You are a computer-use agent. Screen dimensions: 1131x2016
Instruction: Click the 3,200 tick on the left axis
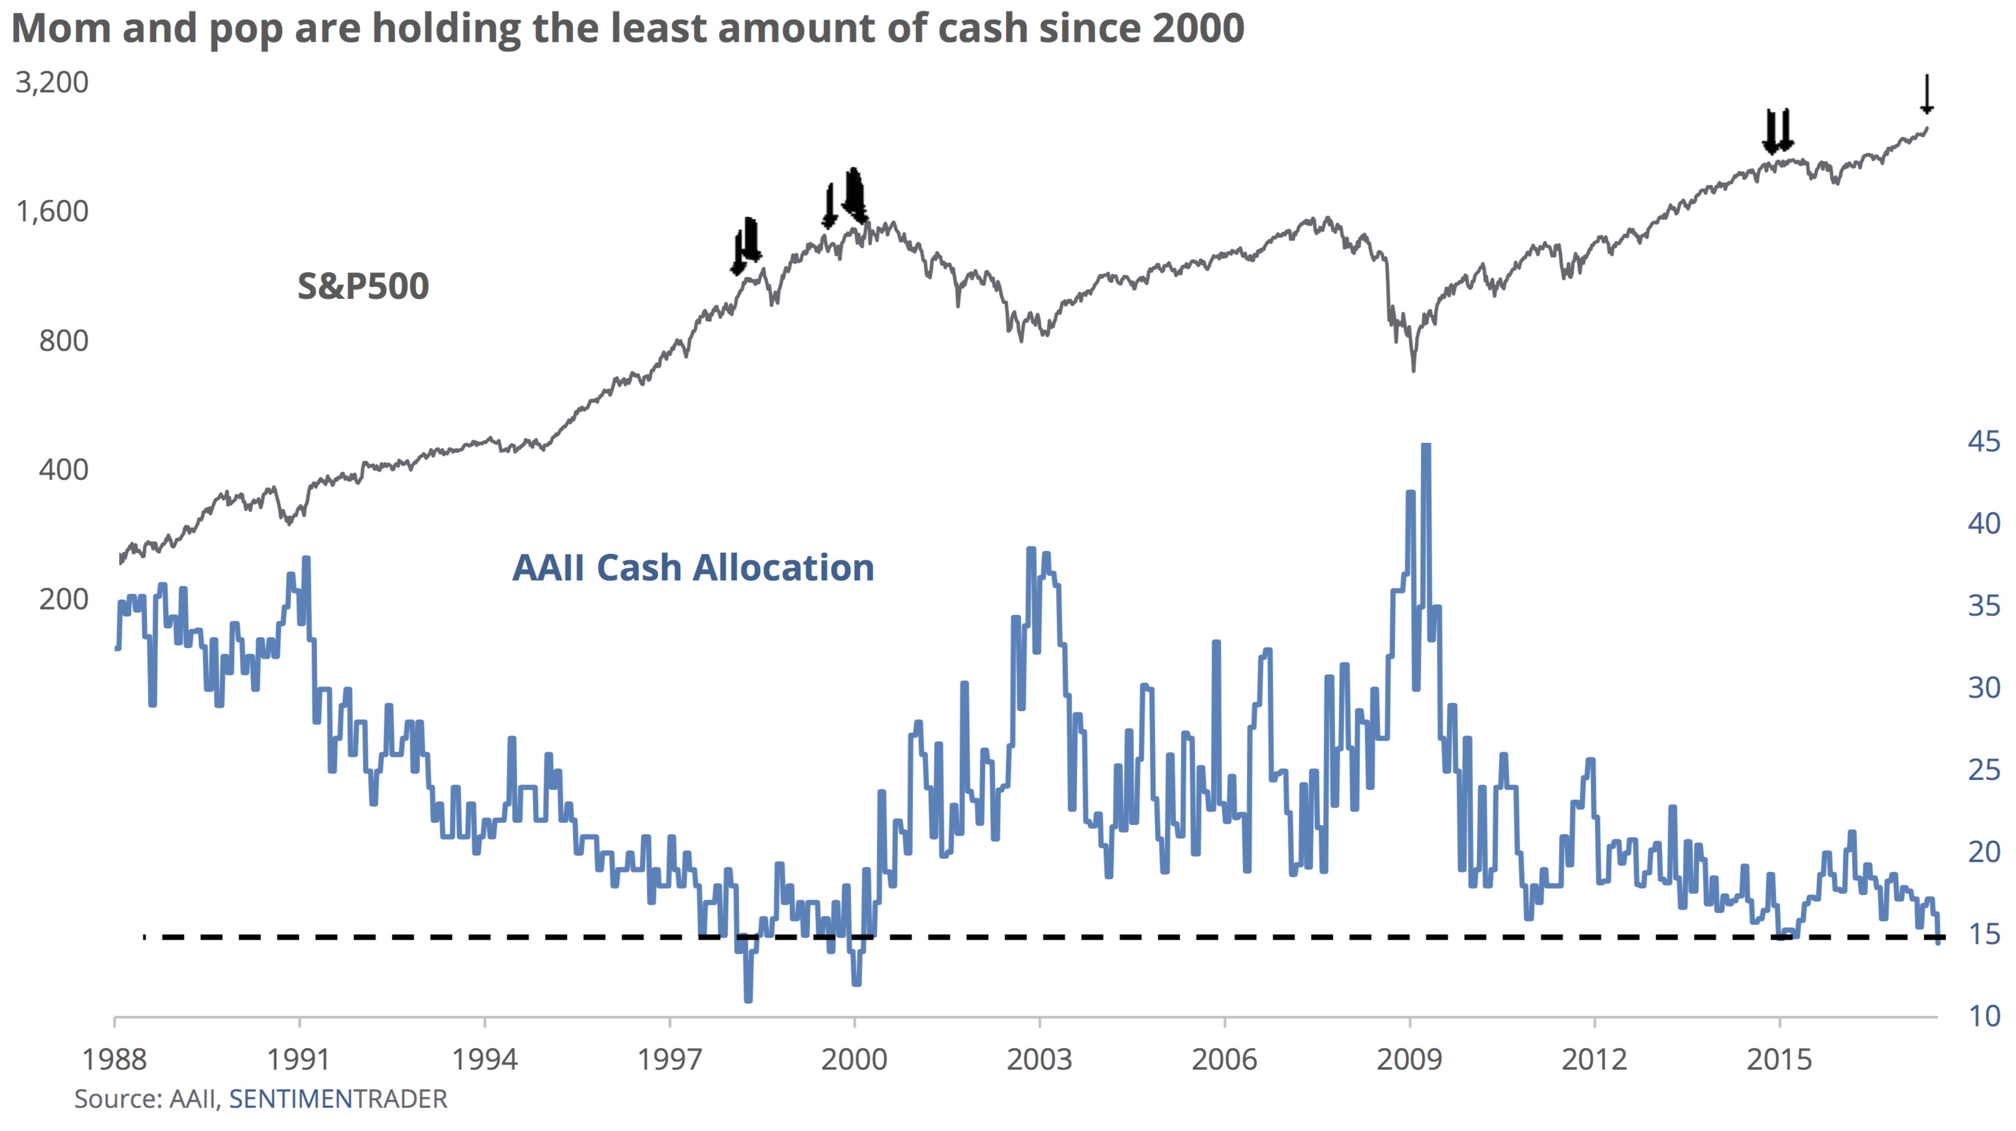point(51,82)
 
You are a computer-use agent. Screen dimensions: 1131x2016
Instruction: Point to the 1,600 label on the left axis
point(51,211)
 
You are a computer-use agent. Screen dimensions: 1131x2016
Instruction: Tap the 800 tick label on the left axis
point(64,341)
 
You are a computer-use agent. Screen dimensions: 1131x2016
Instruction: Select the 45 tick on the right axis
point(1983,441)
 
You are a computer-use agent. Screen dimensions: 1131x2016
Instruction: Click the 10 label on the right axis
point(1983,1016)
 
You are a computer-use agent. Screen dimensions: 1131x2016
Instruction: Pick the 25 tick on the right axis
point(1983,770)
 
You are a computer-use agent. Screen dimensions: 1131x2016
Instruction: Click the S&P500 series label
point(363,286)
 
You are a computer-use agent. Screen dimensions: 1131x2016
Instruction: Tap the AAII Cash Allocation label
point(692,567)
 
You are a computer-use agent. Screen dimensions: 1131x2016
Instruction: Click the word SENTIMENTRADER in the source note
point(338,1099)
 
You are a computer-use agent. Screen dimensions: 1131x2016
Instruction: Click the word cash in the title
point(982,28)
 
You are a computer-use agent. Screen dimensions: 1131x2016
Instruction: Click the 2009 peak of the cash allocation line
point(1426,446)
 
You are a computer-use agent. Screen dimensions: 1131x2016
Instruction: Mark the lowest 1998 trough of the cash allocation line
point(748,999)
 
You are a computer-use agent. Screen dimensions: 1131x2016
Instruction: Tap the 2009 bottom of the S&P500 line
point(1413,370)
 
